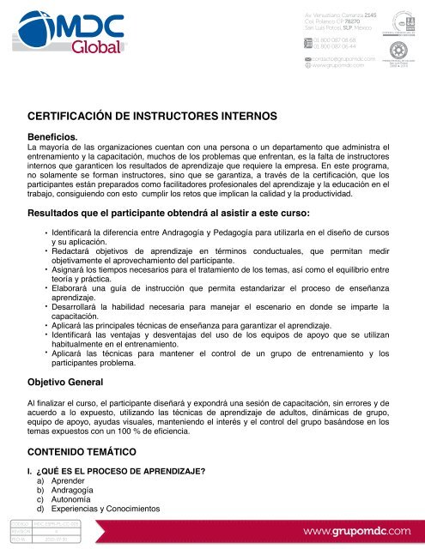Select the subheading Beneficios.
[55, 136]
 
